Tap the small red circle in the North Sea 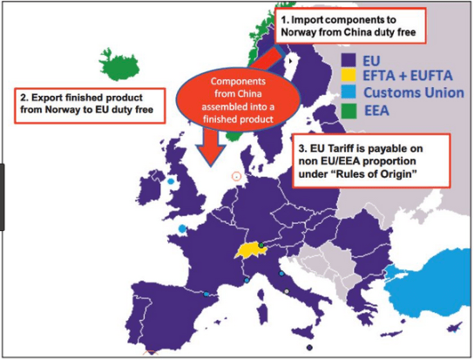point(235,175)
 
